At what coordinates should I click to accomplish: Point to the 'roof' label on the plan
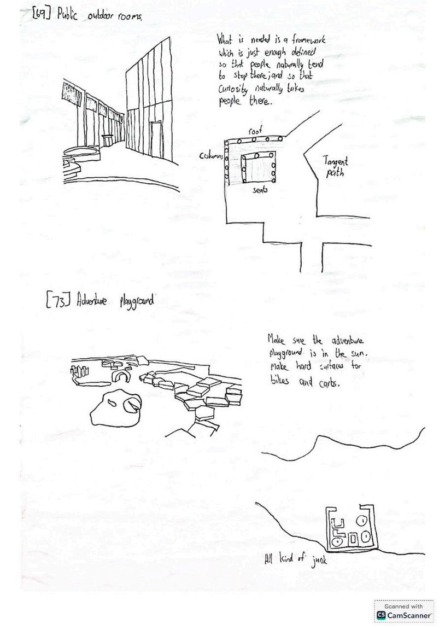tap(255, 131)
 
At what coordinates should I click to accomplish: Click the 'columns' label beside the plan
tap(211, 156)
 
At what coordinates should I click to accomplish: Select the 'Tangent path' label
tap(335, 167)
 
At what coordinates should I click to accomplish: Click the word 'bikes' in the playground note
tap(280, 381)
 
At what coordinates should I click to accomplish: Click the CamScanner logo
tap(403, 615)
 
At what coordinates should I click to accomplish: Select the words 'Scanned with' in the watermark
tap(403, 606)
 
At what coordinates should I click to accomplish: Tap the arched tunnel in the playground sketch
tap(120, 376)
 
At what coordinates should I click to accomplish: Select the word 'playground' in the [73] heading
tap(136, 300)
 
